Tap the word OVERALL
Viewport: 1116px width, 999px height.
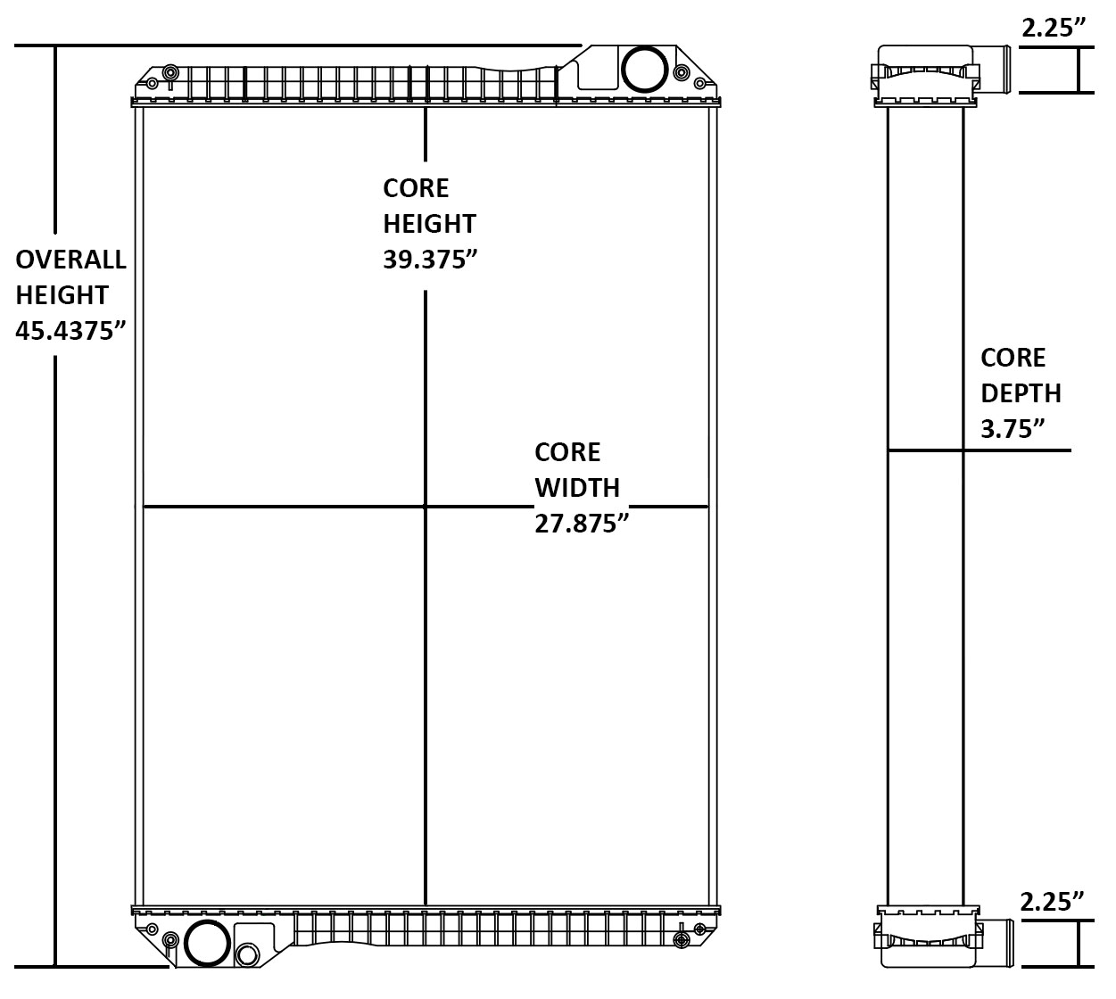tap(71, 260)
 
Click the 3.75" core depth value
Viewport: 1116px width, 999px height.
tap(1013, 429)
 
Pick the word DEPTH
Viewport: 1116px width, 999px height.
tap(1021, 393)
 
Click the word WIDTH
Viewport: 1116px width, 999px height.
tap(577, 488)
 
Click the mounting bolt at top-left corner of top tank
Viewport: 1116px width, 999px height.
tap(170, 70)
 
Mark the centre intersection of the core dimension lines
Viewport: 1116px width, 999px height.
tap(426, 507)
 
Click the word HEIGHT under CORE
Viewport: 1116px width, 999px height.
tap(429, 224)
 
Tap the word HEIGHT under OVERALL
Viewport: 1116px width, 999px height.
tap(62, 295)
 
